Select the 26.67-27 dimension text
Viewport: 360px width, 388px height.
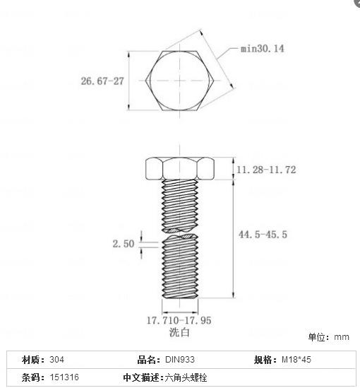pos(102,81)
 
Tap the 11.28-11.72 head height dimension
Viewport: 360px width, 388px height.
pos(266,170)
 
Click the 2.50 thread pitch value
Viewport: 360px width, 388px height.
pos(123,244)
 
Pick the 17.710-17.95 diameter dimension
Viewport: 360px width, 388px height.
pos(180,320)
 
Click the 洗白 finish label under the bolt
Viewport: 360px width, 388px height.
pos(179,331)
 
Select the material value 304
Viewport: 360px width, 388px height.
pos(57,360)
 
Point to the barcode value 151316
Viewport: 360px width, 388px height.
pos(64,377)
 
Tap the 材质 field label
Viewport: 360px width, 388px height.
pos(33,360)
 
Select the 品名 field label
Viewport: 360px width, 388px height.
pos(149,360)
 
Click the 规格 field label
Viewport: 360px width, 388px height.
pos(265,360)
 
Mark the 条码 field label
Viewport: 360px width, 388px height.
pos(33,377)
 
